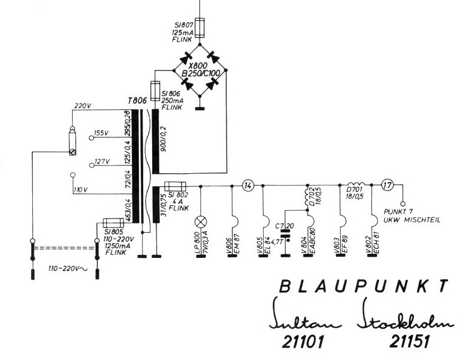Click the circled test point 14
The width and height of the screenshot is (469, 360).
click(x=249, y=186)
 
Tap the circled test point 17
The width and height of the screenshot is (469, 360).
click(x=388, y=186)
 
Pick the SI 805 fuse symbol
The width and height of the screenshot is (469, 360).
click(x=113, y=222)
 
